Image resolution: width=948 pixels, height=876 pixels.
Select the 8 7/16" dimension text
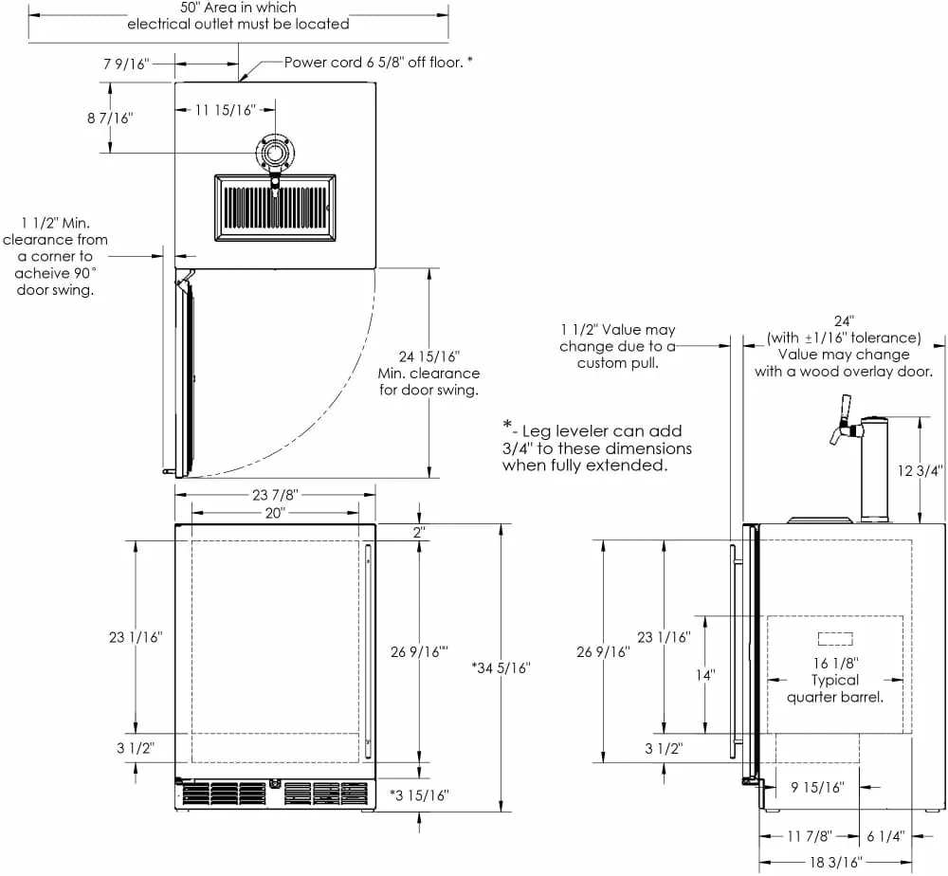tap(112, 118)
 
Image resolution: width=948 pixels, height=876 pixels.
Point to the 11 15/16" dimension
tap(226, 111)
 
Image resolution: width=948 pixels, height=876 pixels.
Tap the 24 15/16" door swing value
tap(429, 356)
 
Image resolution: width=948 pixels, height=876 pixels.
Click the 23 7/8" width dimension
tap(276, 495)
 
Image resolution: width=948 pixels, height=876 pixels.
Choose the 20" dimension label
tap(275, 512)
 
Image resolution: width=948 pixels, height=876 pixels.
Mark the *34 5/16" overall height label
tap(500, 667)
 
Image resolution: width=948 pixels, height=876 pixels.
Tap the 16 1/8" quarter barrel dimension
tap(835, 663)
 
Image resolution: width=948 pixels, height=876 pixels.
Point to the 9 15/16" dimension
tap(817, 787)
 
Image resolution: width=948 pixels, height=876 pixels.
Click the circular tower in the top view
tap(275, 154)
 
